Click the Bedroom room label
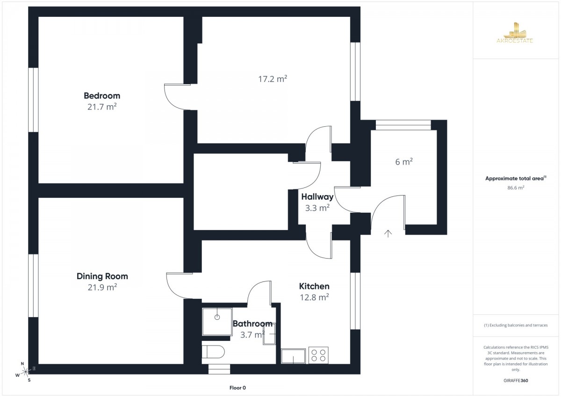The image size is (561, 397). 102,96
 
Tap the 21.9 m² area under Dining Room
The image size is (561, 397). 102,287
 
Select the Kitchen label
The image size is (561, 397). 314,286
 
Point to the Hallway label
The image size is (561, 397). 317,197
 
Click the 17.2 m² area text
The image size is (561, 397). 273,79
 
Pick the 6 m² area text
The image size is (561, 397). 404,162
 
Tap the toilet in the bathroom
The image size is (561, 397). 213,352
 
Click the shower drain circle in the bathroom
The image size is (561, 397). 217,317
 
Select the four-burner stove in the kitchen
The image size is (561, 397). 318,355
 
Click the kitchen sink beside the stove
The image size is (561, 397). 293,356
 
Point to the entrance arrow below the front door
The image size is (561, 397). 388,233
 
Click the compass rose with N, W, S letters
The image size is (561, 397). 25,372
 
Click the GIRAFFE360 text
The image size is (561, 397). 516,381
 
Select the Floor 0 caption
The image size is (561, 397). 237,388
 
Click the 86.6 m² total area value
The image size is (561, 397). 516,188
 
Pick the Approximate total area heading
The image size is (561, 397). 516,178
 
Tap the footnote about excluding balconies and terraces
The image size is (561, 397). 516,325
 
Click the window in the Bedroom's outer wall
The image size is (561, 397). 33,100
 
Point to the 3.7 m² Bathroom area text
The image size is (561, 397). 252,335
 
